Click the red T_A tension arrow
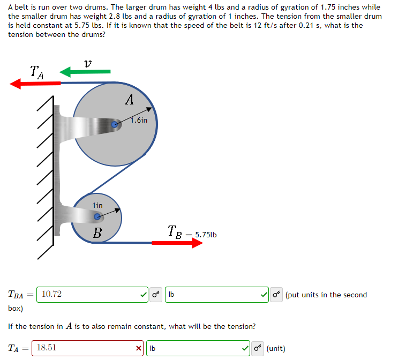pos(35,83)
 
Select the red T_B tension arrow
pos(177,243)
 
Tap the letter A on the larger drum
pos(129,100)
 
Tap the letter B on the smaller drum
pos(97,233)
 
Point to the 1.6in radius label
pos(139,121)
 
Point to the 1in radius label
pos(97,205)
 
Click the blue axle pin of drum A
pos(114,125)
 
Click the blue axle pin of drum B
pos(97,217)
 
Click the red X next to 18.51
pos(139,348)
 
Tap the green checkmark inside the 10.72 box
pos(143,294)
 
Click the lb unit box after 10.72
pos(214,294)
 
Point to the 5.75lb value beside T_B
pos(206,235)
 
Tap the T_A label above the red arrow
pos(37,71)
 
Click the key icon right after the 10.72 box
pos(155,294)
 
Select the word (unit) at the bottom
pos(276,348)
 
